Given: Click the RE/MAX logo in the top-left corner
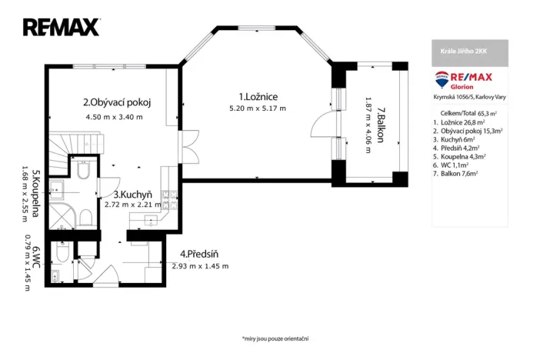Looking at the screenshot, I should (x=62, y=28).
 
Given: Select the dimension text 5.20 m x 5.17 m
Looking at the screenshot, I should (x=258, y=108).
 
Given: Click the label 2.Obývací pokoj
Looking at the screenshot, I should (x=116, y=102).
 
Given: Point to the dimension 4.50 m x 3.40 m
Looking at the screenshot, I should (x=115, y=117).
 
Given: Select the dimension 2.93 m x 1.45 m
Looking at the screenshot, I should (x=200, y=265).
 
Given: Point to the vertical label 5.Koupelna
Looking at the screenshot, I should (x=35, y=193).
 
